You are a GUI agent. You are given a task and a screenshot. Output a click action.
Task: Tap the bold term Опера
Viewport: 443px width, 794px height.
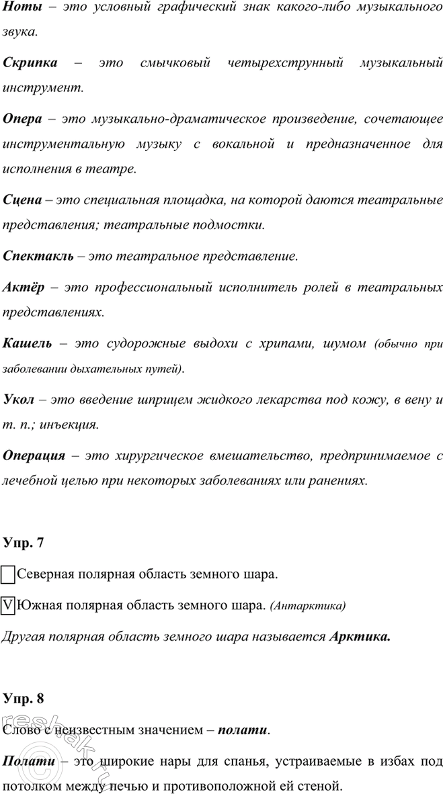coord(23,120)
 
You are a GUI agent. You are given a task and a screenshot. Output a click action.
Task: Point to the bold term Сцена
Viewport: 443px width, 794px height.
coord(24,200)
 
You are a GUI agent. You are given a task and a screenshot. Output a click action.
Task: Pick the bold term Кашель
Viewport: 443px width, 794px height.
coord(27,344)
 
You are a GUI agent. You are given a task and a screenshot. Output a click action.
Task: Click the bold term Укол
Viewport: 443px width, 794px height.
coord(19,400)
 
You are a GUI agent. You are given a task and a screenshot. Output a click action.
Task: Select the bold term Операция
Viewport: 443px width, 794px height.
coord(34,455)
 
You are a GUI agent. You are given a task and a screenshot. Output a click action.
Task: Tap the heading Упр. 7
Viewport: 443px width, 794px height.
coord(24,542)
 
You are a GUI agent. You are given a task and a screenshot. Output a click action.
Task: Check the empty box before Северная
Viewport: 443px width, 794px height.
coord(9,576)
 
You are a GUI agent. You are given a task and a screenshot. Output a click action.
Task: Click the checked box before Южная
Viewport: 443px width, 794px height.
coord(9,605)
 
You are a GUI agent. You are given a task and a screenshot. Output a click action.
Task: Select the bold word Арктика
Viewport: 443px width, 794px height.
coord(360,635)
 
